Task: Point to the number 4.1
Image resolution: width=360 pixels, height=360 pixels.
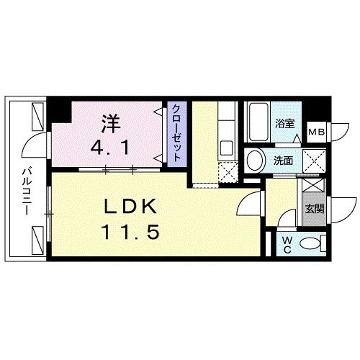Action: (x=110, y=150)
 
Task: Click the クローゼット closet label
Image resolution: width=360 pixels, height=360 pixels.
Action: (x=176, y=132)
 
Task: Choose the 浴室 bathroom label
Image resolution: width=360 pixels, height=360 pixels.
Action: (x=285, y=123)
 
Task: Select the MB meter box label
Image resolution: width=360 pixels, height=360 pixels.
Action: (x=316, y=132)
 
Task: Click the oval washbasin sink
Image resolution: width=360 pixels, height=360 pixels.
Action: (x=253, y=160)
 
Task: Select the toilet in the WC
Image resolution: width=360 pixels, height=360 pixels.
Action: (x=311, y=243)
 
